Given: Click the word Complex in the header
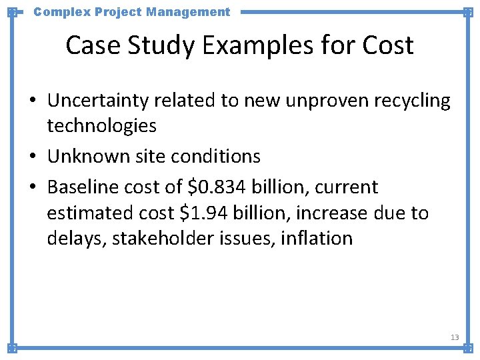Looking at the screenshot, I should (x=57, y=11).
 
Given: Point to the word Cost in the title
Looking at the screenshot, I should (x=388, y=45).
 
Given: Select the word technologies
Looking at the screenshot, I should (x=101, y=125).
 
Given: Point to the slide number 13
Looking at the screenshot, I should (x=455, y=337).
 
